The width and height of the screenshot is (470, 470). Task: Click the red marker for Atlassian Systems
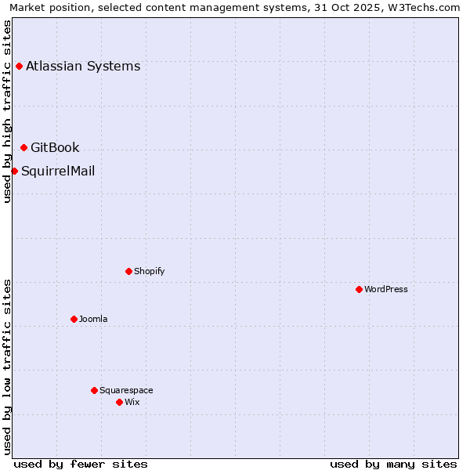click(19, 66)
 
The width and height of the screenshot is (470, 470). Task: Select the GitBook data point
click(23, 147)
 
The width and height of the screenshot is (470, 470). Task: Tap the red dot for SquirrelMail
click(14, 171)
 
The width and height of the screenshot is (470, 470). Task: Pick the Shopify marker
click(128, 271)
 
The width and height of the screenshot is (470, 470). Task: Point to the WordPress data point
click(359, 289)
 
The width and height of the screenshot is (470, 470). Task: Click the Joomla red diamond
click(74, 319)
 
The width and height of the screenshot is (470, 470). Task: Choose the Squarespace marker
click(94, 390)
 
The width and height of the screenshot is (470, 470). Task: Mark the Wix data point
click(119, 402)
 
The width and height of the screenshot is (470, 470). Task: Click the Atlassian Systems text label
click(83, 66)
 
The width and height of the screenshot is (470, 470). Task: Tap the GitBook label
click(55, 147)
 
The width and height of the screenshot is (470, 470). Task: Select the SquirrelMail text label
click(58, 171)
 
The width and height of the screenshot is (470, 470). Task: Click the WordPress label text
click(386, 289)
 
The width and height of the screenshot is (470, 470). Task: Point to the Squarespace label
click(126, 390)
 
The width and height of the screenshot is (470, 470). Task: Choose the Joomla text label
click(93, 319)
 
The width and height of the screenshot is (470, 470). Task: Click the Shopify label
click(149, 271)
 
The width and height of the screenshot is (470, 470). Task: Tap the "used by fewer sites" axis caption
click(81, 464)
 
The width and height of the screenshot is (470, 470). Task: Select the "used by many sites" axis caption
click(393, 464)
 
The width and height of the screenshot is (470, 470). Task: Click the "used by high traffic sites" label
click(7, 111)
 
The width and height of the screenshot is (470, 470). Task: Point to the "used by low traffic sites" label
click(7, 366)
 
